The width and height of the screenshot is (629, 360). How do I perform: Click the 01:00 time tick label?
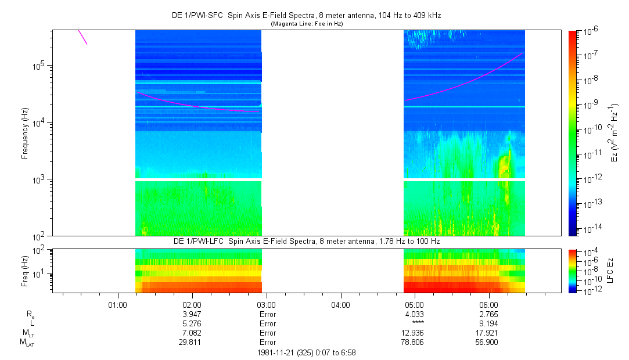[x=118, y=304]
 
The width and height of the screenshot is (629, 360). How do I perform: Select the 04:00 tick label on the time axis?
[x=340, y=304]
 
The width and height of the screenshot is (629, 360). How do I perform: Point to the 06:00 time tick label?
[x=488, y=304]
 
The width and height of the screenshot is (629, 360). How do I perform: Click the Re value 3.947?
[x=192, y=314]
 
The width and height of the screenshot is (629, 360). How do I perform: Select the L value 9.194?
[x=488, y=323]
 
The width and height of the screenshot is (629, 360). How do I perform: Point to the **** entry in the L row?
[x=415, y=323]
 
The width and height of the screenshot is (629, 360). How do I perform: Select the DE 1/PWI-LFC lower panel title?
[x=310, y=240]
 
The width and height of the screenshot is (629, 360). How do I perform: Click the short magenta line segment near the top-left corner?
[x=82, y=37]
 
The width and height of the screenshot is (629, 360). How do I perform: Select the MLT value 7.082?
[x=192, y=333]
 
